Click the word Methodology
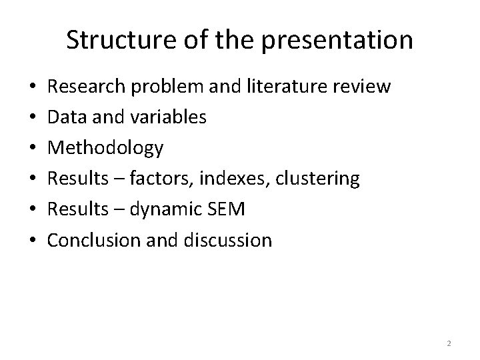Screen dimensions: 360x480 pyautogui.click(x=105, y=148)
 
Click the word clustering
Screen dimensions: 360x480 pyautogui.click(x=322, y=179)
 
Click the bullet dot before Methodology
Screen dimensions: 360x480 pyautogui.click(x=34, y=149)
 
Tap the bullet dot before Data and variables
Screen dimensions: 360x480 pyautogui.click(x=34, y=118)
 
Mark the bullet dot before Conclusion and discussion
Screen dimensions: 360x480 pyautogui.click(x=34, y=241)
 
